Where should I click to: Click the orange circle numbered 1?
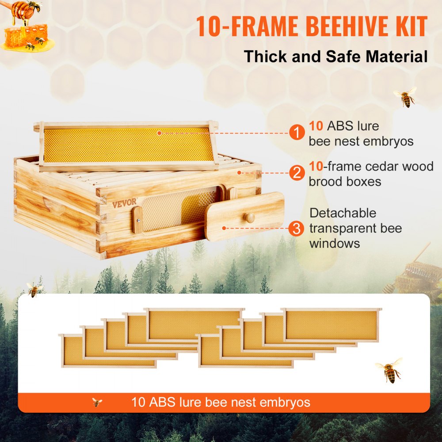point(297,132)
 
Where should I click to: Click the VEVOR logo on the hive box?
point(124,204)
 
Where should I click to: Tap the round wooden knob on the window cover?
point(250,218)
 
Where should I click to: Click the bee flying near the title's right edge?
point(406,97)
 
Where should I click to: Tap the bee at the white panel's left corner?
point(34,289)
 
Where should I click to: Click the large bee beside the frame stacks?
point(389,371)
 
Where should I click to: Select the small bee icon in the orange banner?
point(97,403)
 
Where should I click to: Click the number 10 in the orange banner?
point(139,403)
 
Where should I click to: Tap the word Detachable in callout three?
point(343,213)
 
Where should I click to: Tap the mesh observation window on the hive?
point(179,209)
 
